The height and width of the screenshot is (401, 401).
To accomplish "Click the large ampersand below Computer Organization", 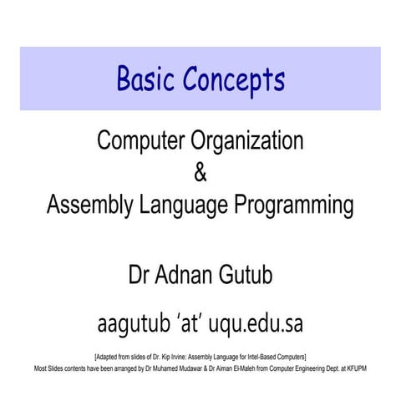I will [199, 172].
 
